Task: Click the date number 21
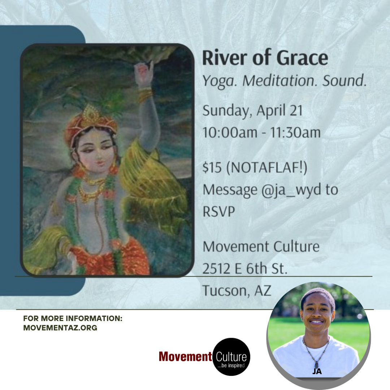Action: pos(296,110)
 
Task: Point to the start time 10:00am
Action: pos(230,132)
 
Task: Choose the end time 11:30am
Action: pos(295,132)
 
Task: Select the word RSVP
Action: pos(218,212)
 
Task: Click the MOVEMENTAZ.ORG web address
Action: pos(60,328)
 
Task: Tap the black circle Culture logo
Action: pos(231,357)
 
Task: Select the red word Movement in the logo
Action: pos(185,357)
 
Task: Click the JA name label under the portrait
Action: pos(317,371)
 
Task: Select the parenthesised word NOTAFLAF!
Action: pos(266,167)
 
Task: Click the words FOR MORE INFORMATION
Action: pos(73,318)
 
